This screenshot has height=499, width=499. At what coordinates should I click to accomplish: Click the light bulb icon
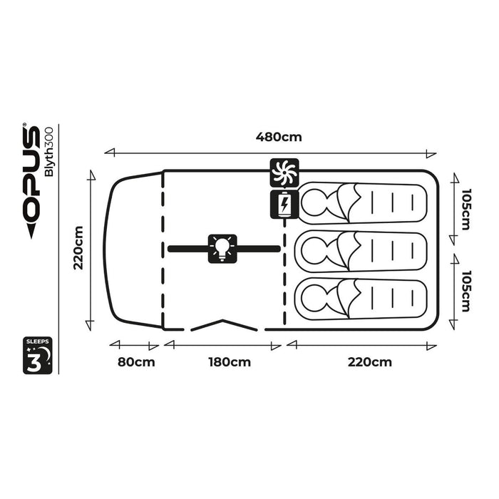point(222,248)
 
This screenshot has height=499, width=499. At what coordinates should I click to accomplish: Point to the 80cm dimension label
point(135,361)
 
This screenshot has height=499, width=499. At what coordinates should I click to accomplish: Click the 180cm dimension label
point(230,361)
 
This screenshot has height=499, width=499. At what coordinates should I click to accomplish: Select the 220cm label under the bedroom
point(371,361)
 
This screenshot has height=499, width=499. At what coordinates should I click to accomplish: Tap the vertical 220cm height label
point(78,248)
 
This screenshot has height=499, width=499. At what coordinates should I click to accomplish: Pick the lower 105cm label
point(465,291)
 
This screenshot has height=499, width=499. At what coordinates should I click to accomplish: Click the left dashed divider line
point(163,249)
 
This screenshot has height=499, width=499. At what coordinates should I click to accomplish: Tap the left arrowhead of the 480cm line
point(108,152)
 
